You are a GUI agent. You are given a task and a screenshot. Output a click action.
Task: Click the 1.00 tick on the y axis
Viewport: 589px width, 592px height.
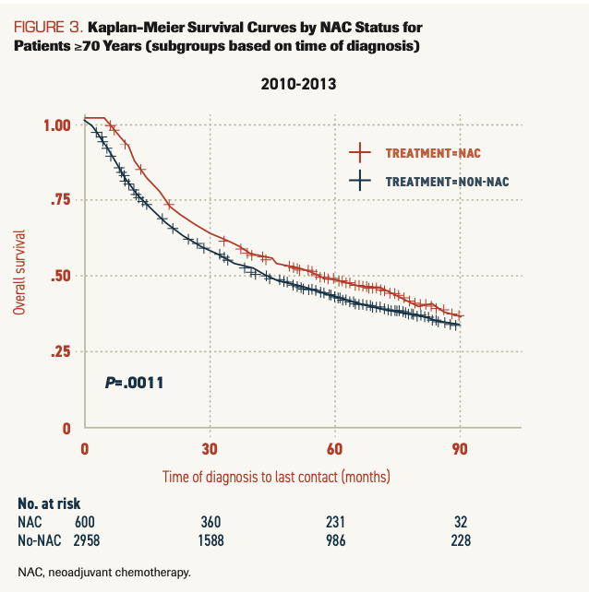click(58, 124)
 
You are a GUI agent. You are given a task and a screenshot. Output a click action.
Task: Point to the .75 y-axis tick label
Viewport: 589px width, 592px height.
click(62, 200)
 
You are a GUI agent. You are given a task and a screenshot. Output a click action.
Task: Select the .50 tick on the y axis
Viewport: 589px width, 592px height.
click(62, 276)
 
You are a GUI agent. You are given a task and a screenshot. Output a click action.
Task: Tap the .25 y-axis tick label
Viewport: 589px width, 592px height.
click(62, 351)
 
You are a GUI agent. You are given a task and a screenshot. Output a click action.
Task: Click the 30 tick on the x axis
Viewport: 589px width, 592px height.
click(210, 449)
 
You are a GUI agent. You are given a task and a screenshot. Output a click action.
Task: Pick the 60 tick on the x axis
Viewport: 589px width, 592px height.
click(334, 449)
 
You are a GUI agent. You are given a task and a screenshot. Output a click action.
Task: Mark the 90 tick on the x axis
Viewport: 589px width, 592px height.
click(460, 449)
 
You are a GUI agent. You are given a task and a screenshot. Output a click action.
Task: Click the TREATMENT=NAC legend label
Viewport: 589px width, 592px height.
click(434, 152)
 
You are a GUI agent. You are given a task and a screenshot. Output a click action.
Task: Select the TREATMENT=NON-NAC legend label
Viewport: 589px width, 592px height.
click(447, 182)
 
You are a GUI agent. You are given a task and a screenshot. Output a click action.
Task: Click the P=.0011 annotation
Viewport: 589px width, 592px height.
click(135, 381)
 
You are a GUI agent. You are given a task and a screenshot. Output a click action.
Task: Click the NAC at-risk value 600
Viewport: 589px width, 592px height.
click(87, 522)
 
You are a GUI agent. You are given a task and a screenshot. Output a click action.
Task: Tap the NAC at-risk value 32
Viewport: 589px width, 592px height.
click(459, 522)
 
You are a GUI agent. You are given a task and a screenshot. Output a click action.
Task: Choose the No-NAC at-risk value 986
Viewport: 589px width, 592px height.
click(334, 539)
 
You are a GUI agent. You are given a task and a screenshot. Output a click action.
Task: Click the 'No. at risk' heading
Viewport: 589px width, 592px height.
click(49, 503)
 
